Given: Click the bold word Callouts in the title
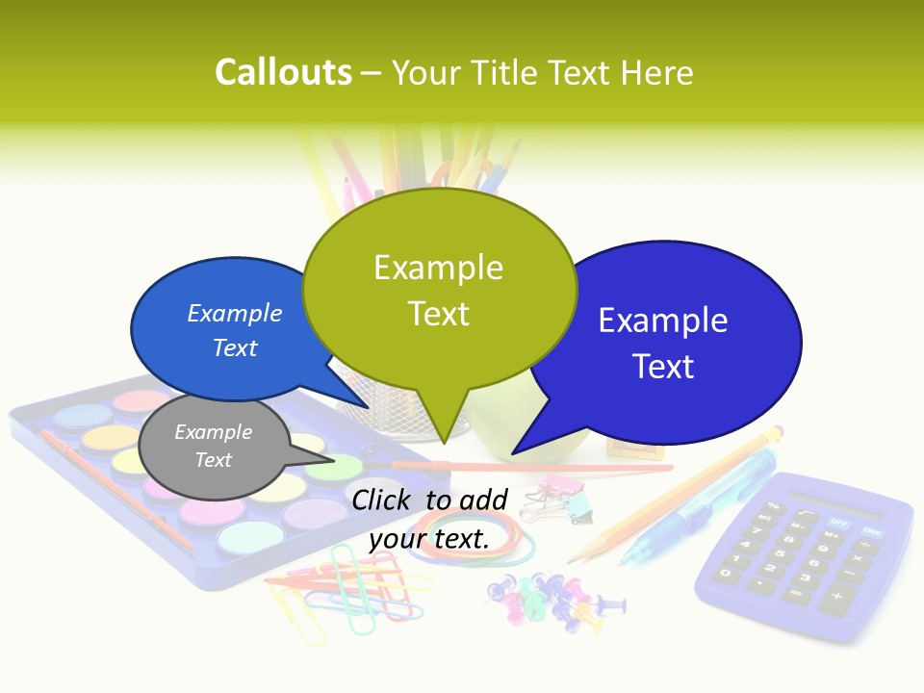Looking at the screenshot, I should [x=283, y=73].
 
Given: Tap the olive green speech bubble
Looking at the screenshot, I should [x=439, y=289].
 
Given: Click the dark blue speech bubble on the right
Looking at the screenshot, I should [x=664, y=342].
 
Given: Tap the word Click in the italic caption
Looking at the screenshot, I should [x=384, y=499].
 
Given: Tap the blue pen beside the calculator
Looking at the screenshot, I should [x=693, y=510].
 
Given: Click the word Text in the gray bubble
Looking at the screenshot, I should [x=213, y=460].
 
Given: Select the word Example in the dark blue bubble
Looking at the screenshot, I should [x=663, y=321].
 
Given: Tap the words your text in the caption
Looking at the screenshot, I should [x=429, y=539].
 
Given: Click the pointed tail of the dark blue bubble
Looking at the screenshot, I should [x=525, y=445].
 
